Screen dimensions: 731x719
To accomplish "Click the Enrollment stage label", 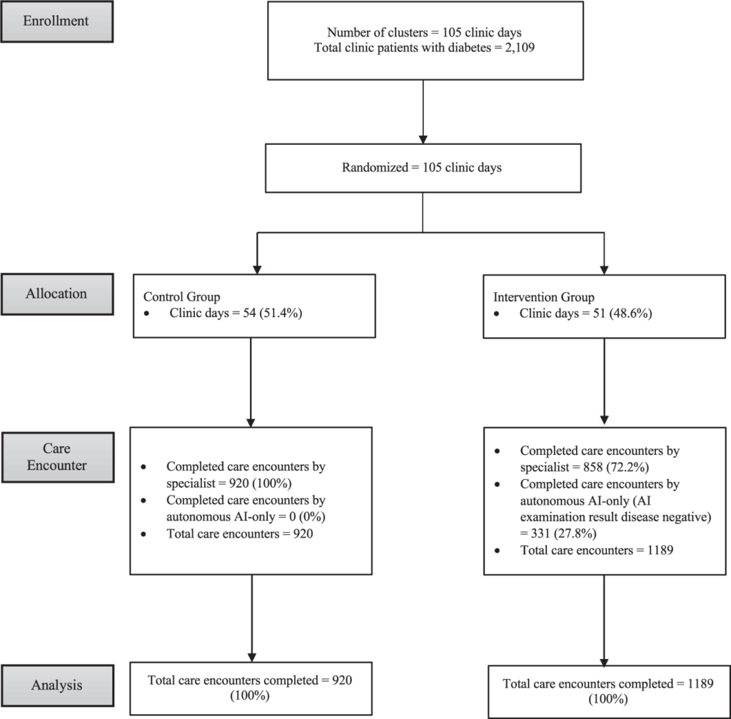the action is tap(56, 21).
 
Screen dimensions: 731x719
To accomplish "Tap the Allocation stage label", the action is tap(56, 293).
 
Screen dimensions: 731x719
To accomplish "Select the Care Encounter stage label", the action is tap(57, 457).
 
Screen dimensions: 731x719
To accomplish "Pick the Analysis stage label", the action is tap(57, 685).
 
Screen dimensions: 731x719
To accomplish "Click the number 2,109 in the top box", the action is tap(520, 48).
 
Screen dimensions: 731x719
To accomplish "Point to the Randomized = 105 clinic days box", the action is tap(423, 168).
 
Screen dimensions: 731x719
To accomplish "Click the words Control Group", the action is tap(181, 297).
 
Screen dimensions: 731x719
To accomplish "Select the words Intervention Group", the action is tap(543, 298).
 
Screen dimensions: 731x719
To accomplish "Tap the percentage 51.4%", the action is tap(281, 313).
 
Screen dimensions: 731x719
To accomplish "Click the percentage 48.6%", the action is tap(630, 313).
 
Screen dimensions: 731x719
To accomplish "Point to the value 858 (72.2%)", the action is tap(616, 467).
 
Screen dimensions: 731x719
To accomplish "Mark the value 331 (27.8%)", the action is tap(564, 533).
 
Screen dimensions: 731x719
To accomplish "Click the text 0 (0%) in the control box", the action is tap(307, 517).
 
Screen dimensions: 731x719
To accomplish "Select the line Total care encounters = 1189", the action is tap(597, 550).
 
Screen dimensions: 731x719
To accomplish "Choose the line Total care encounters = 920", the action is tap(240, 534).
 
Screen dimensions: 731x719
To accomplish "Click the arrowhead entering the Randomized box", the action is tap(423, 139).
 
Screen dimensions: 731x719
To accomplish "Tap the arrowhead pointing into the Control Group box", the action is tap(257, 270).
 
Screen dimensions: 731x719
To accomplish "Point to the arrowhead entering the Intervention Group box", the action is tap(604, 270).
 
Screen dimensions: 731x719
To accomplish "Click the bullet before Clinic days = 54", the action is tap(147, 313).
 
